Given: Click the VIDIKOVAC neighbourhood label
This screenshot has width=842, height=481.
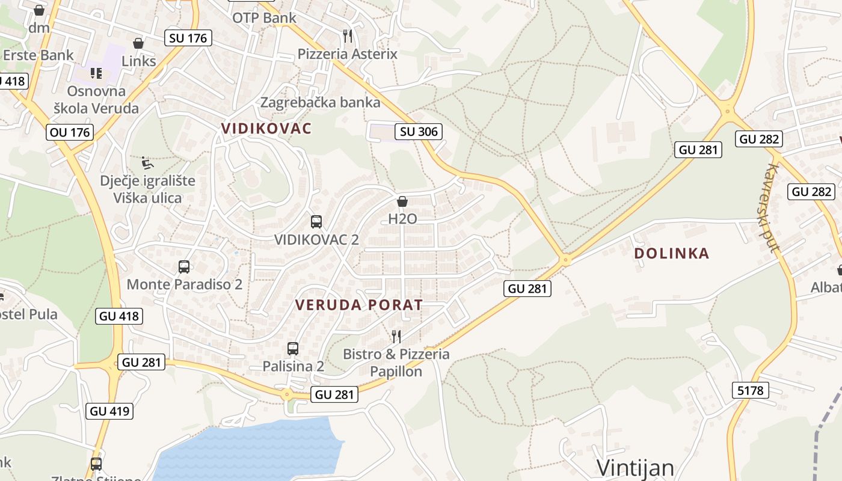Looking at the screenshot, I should (266, 129).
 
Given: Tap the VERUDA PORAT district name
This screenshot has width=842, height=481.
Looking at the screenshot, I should (359, 305).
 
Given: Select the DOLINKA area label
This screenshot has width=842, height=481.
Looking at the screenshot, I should (672, 254).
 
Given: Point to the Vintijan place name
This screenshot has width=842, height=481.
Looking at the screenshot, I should (635, 468).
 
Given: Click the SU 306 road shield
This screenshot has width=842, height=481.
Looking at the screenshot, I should (419, 132).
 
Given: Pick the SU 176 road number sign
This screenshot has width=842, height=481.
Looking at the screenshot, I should (188, 38).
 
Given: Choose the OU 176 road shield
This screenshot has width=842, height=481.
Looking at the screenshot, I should (70, 132).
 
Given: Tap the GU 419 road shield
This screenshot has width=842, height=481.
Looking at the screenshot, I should (109, 411).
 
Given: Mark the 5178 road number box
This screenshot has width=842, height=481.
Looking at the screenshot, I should (751, 390).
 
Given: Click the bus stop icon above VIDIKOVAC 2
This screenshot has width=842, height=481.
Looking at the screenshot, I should (316, 221).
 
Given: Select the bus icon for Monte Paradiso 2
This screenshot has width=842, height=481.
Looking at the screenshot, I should (184, 266).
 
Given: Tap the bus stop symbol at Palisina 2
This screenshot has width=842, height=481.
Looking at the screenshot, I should (293, 348).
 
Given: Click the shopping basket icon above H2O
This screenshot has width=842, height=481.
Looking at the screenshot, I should (402, 201).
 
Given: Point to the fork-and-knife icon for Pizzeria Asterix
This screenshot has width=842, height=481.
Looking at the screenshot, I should (348, 36).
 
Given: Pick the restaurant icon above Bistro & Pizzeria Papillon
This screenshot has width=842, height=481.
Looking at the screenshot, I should (396, 336).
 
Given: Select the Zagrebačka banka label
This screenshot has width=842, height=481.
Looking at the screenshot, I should (320, 102).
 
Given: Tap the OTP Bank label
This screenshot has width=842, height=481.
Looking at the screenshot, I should (265, 18).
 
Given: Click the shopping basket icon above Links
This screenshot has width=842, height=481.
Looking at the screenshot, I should (138, 43).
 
